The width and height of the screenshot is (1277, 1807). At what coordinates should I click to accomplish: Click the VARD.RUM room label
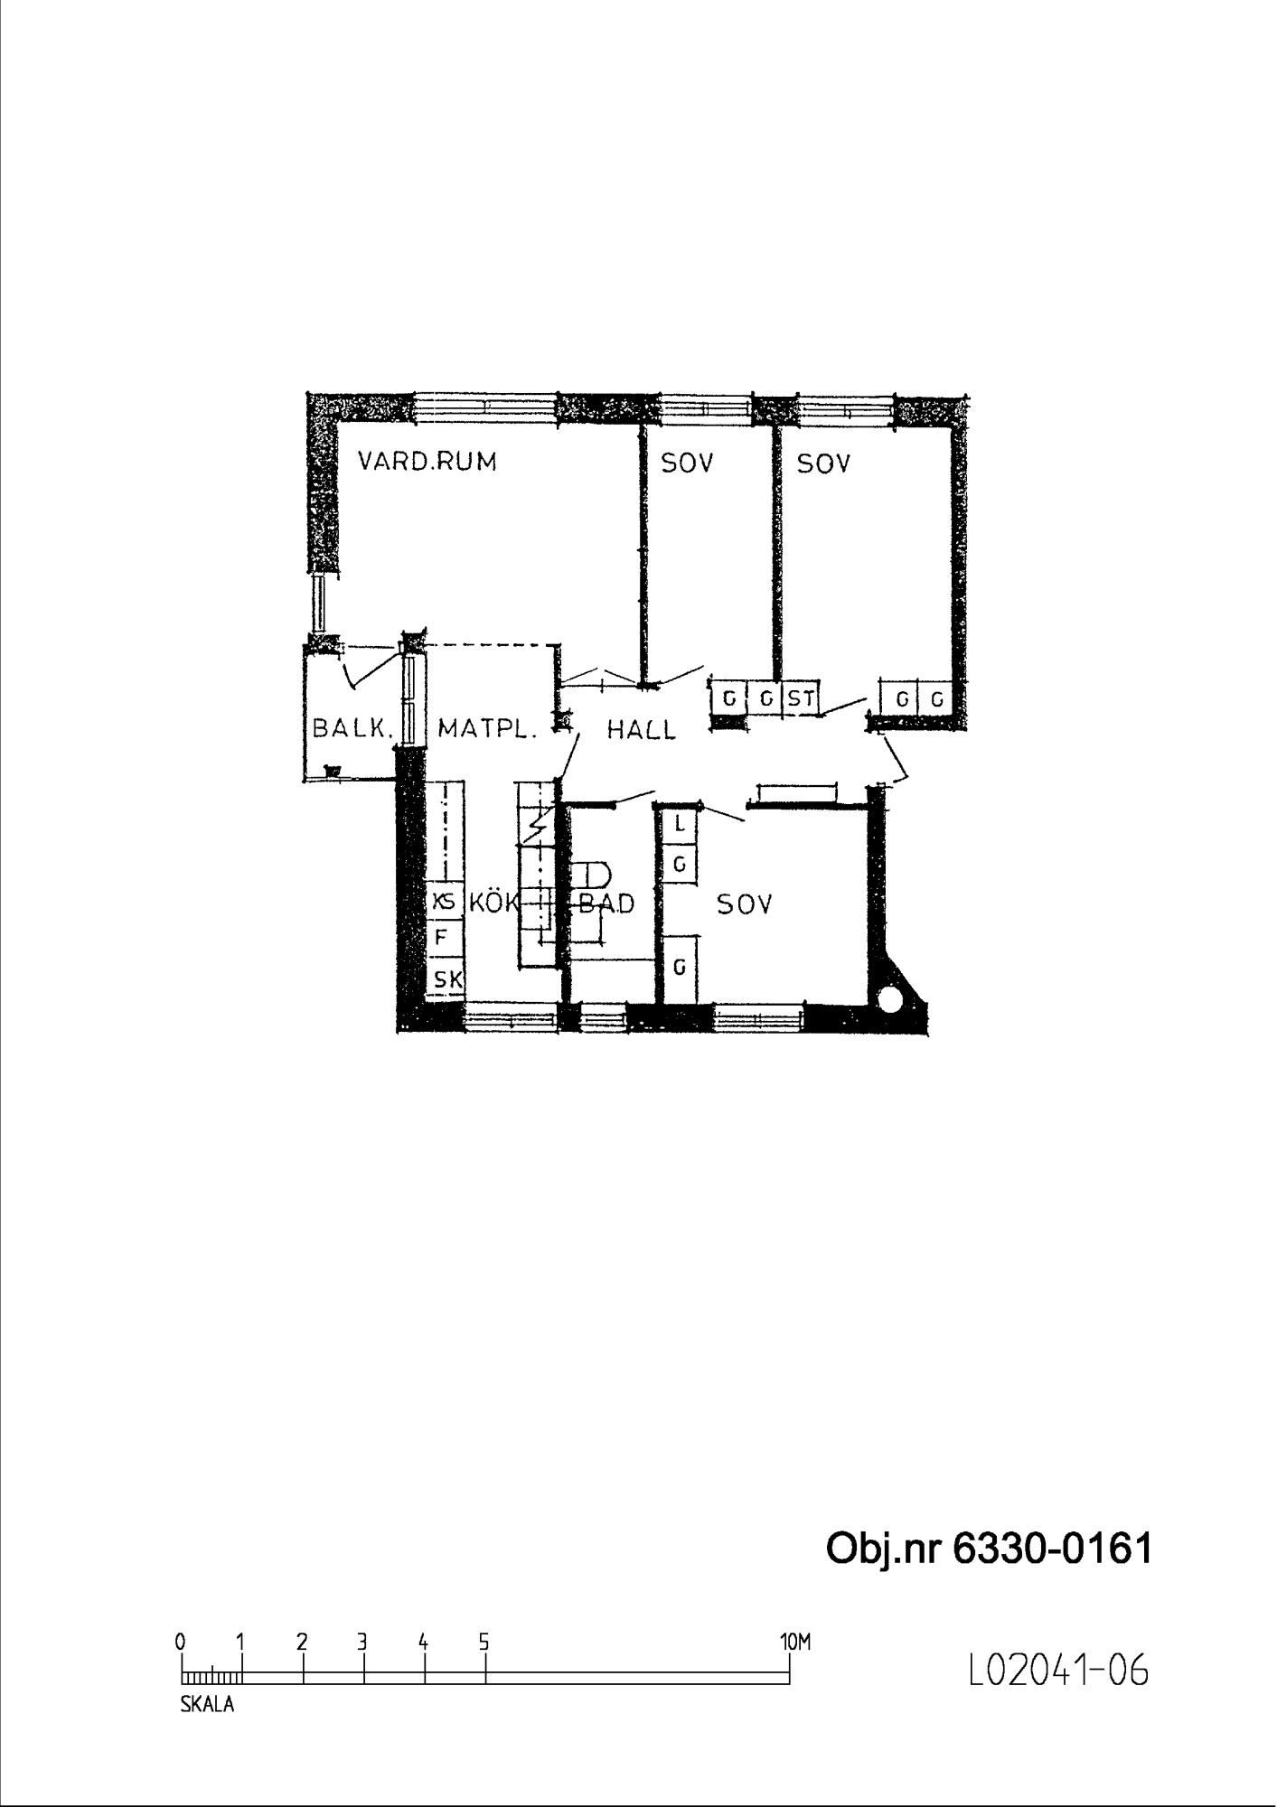click(x=427, y=462)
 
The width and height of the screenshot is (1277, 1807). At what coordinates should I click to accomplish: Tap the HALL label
click(x=641, y=729)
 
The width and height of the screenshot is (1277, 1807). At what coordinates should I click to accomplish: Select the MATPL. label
click(x=487, y=728)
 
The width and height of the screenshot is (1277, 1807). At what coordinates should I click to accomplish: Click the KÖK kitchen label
click(x=493, y=901)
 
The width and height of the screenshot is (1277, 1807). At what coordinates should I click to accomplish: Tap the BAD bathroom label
click(x=606, y=903)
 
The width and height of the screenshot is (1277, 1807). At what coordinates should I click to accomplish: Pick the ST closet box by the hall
click(x=801, y=698)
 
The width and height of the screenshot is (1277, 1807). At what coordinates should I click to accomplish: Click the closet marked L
click(x=681, y=825)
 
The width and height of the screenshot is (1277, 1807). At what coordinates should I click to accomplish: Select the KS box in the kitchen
click(x=444, y=902)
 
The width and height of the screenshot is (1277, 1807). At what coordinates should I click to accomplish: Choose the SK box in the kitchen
click(x=446, y=978)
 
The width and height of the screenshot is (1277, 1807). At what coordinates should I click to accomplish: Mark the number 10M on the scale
click(x=795, y=1642)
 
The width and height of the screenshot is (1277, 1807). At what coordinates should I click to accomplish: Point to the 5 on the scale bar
click(x=484, y=1642)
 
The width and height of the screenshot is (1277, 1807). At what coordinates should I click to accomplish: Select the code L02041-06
click(x=1058, y=1671)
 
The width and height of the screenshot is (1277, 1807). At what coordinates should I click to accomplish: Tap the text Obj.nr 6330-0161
click(x=990, y=1548)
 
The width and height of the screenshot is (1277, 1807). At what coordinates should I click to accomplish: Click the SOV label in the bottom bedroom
click(x=745, y=903)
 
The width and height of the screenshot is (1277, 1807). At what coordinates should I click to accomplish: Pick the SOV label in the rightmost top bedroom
click(x=823, y=463)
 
